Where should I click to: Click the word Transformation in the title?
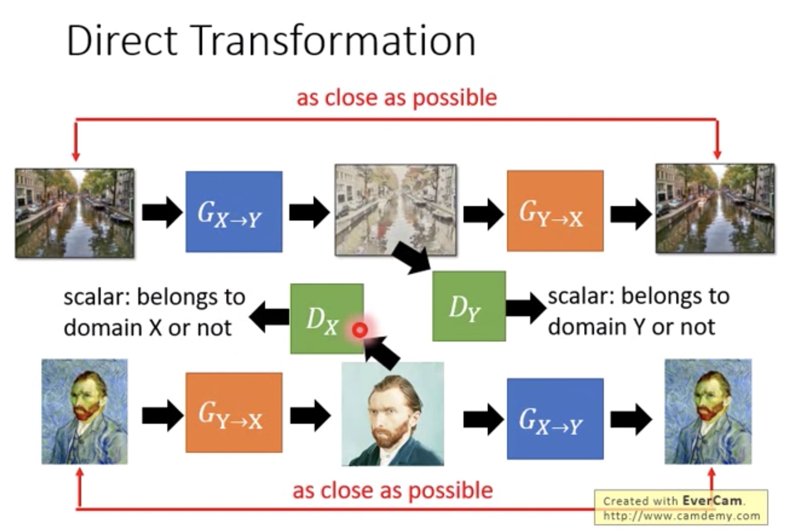pyautogui.click(x=334, y=40)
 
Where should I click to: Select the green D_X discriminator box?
pyautogui.click(x=327, y=318)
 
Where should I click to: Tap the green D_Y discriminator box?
pyautogui.click(x=469, y=306)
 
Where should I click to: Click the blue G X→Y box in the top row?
pyautogui.click(x=234, y=211)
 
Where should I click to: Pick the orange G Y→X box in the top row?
pyautogui.click(x=555, y=211)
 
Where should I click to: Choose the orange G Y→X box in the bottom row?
pyautogui.click(x=234, y=412)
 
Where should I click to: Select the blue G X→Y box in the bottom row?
pyautogui.click(x=555, y=419)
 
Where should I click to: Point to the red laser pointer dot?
pyautogui.click(x=360, y=330)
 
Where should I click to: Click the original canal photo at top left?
pyautogui.click(x=74, y=213)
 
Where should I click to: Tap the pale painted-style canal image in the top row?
pyautogui.click(x=395, y=209)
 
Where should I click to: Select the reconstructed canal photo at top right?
pyautogui.click(x=715, y=208)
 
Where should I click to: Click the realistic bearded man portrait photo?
pyautogui.click(x=392, y=414)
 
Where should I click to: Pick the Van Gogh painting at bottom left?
pyautogui.click(x=84, y=412)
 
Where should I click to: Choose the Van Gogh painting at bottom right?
pyautogui.click(x=708, y=412)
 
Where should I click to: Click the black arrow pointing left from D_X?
pyautogui.click(x=270, y=317)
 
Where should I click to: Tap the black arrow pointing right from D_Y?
pyautogui.click(x=526, y=307)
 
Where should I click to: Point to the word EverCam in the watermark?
pyautogui.click(x=712, y=501)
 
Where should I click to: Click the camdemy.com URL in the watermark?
pyautogui.click(x=682, y=515)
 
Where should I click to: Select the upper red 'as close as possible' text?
pyautogui.click(x=396, y=98)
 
